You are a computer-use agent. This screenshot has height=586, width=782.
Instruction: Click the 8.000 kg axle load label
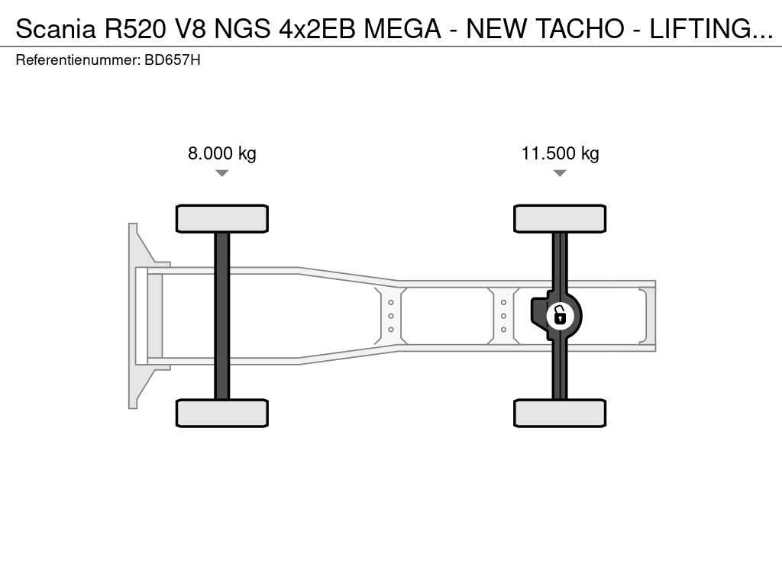(222, 153)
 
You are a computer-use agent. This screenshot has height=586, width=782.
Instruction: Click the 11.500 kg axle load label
(560, 153)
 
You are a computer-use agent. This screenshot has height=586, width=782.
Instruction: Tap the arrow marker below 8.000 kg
(222, 173)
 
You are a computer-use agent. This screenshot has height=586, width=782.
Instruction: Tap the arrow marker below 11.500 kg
(560, 173)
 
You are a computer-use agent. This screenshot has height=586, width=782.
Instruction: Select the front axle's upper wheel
(222, 219)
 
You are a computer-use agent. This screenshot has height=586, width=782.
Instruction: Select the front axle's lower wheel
(222, 413)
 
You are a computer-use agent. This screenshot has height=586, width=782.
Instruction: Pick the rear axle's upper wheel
(560, 219)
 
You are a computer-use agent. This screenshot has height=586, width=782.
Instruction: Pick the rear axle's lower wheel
(560, 413)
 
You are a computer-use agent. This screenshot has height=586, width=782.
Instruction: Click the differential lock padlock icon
(560, 316)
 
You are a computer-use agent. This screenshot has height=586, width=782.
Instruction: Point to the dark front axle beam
(222, 316)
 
